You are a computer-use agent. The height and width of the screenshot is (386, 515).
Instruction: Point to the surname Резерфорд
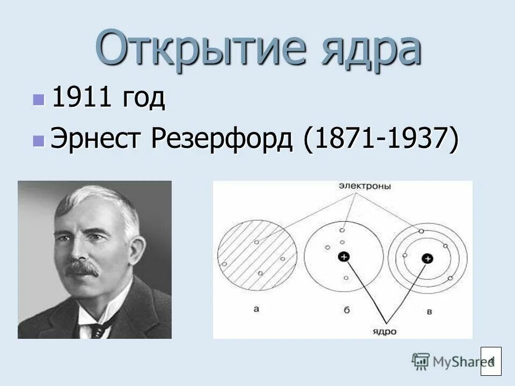(x=225, y=140)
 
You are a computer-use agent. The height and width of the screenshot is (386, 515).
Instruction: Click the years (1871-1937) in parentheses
(x=381, y=140)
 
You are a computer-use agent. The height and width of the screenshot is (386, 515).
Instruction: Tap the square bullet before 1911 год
(x=38, y=99)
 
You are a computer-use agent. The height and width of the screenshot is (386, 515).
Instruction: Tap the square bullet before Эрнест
(x=38, y=140)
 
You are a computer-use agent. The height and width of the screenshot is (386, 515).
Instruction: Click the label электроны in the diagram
(x=364, y=186)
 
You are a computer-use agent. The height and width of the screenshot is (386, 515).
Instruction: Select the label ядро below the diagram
(x=385, y=331)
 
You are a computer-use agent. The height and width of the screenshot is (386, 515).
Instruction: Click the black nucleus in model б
(x=343, y=258)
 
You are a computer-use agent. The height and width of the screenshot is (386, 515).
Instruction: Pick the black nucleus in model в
(x=428, y=259)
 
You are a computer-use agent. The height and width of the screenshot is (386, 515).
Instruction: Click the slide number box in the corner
(x=491, y=361)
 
